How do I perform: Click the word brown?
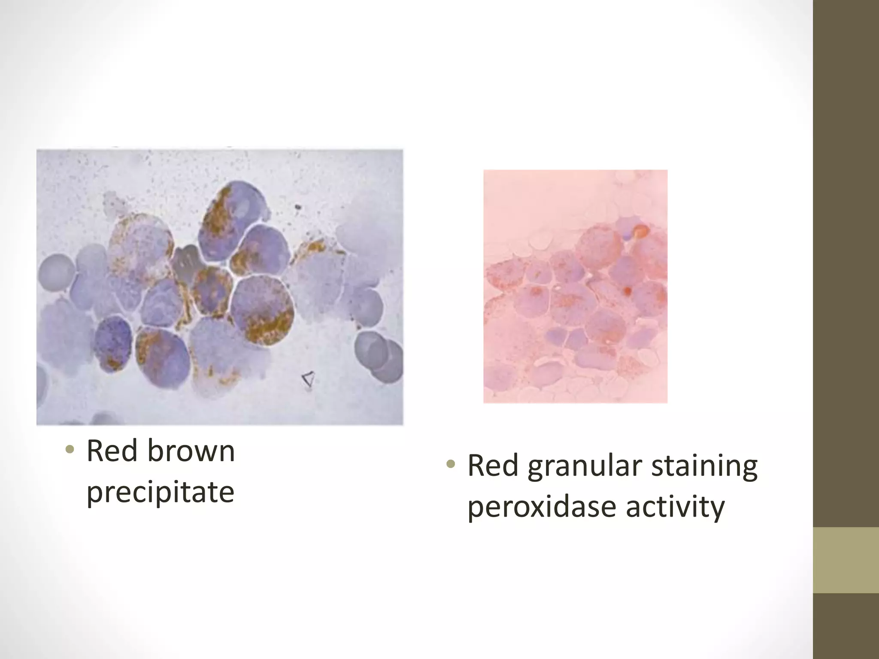coord(191,451)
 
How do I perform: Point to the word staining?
coord(704,466)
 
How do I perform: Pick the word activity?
coord(675,507)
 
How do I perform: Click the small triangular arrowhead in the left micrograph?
coord(308,379)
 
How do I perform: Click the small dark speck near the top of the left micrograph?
coord(297,208)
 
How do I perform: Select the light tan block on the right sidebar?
coord(846,560)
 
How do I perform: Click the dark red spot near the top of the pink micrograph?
coord(641,231)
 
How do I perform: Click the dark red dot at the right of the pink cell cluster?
coord(627,292)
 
